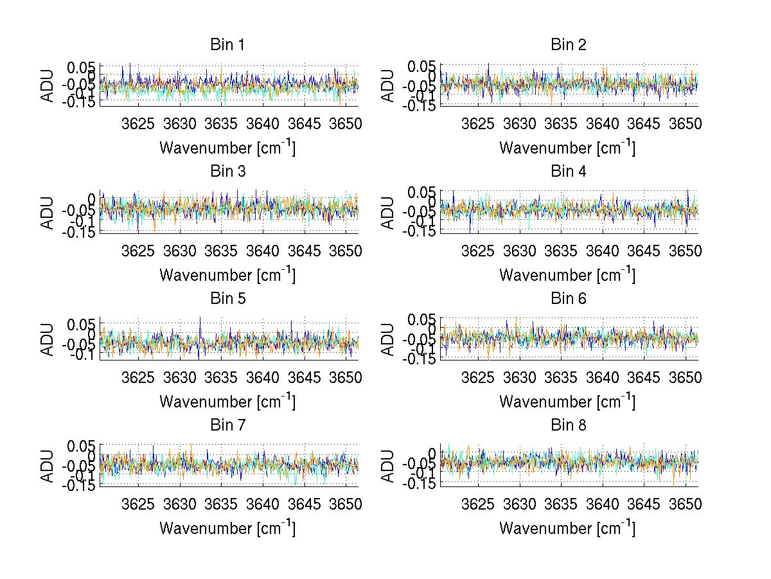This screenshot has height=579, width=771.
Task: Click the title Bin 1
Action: [227, 45]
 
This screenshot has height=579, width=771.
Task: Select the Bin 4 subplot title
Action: [568, 172]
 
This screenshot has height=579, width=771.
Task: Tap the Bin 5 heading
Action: [227, 299]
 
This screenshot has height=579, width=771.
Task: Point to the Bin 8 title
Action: [568, 425]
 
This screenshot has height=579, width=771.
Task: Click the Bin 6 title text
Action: [568, 299]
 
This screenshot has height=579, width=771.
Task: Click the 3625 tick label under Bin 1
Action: [138, 123]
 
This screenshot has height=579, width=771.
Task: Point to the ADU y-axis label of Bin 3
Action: [48, 212]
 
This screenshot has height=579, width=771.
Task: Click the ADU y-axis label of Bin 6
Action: [388, 339]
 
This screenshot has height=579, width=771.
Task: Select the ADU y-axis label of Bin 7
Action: [48, 465]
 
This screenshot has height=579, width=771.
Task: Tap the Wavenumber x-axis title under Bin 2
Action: [567, 148]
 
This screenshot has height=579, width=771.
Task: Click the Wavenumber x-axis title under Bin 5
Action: [227, 402]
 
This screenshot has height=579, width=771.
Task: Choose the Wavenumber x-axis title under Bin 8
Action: [567, 528]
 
